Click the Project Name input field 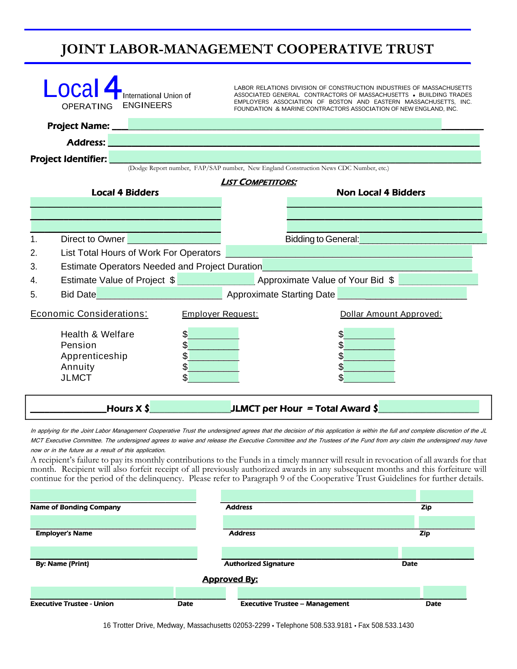284,124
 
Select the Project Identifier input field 295,157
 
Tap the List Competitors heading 259,182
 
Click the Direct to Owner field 174,239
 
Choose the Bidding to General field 423,239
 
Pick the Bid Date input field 159,293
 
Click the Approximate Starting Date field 401,293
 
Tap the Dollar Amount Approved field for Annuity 369,366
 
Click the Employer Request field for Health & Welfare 213,333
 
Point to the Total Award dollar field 429,407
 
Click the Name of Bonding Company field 113,496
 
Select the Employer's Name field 113,522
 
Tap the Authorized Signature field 310,553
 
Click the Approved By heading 230,579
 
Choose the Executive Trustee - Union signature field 102,593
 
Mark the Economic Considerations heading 89,314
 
